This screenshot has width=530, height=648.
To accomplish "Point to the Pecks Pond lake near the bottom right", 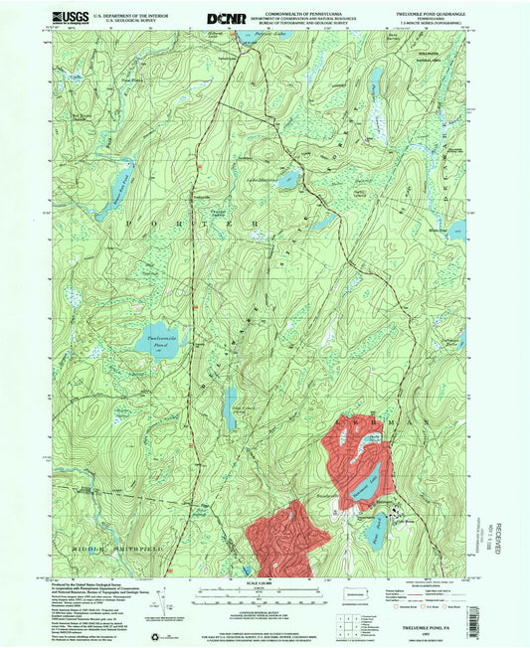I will (376, 536).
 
